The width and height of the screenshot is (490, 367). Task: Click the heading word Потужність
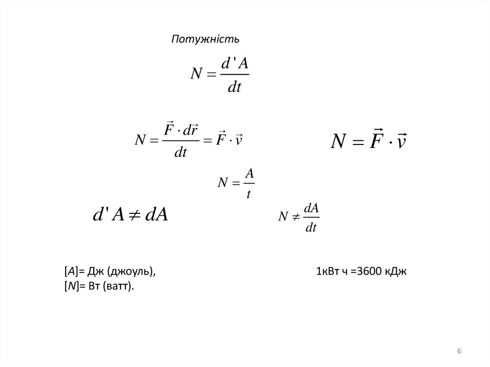[x=205, y=39]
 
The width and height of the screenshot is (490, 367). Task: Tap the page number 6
[x=459, y=352]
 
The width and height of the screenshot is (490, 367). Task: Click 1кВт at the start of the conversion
[x=327, y=272]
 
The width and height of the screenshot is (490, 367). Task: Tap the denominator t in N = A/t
[x=248, y=194]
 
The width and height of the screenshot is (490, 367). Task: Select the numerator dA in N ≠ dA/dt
[x=311, y=208]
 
